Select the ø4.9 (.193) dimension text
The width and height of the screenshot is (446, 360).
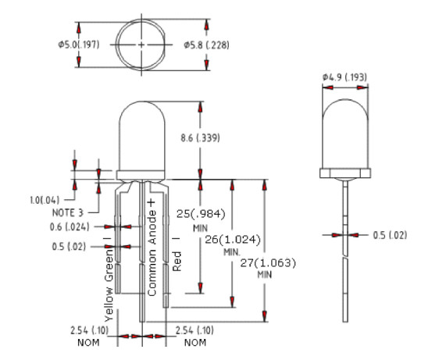coord(344,77)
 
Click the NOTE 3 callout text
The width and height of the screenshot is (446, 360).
coord(69,212)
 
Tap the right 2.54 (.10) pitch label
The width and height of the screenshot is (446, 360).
coord(196,330)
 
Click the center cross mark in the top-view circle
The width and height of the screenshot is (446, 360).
coord(141,45)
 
